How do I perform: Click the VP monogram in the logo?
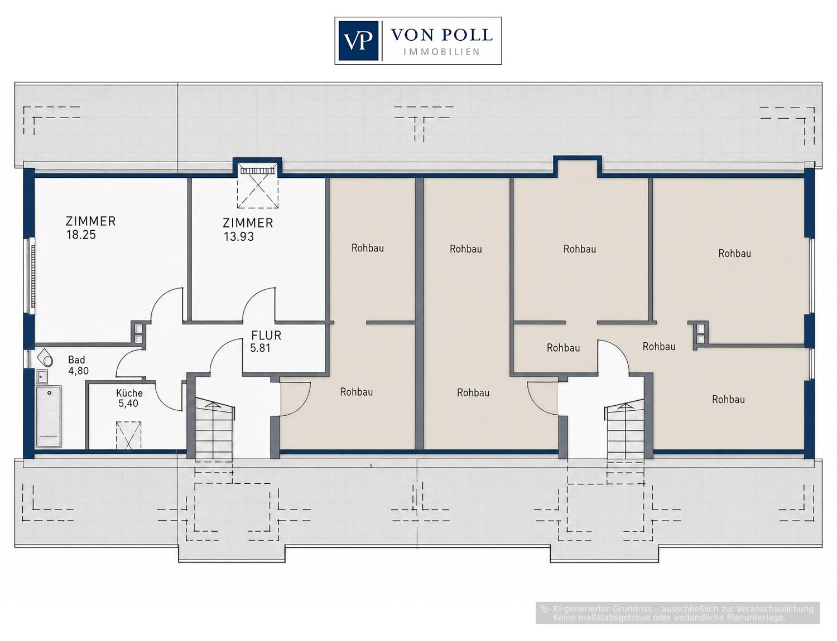[358, 41]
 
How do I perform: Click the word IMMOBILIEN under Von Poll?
[441, 51]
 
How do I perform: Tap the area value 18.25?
[81, 235]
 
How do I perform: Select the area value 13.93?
[239, 237]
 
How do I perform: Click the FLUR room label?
[266, 336]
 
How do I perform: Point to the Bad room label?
[76, 360]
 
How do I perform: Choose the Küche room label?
[129, 393]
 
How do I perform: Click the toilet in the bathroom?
[45, 358]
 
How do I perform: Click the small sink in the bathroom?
[41, 376]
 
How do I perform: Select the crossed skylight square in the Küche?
[129, 435]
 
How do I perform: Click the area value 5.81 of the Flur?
[261, 348]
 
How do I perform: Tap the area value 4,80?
[79, 371]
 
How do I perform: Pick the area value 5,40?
[128, 404]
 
